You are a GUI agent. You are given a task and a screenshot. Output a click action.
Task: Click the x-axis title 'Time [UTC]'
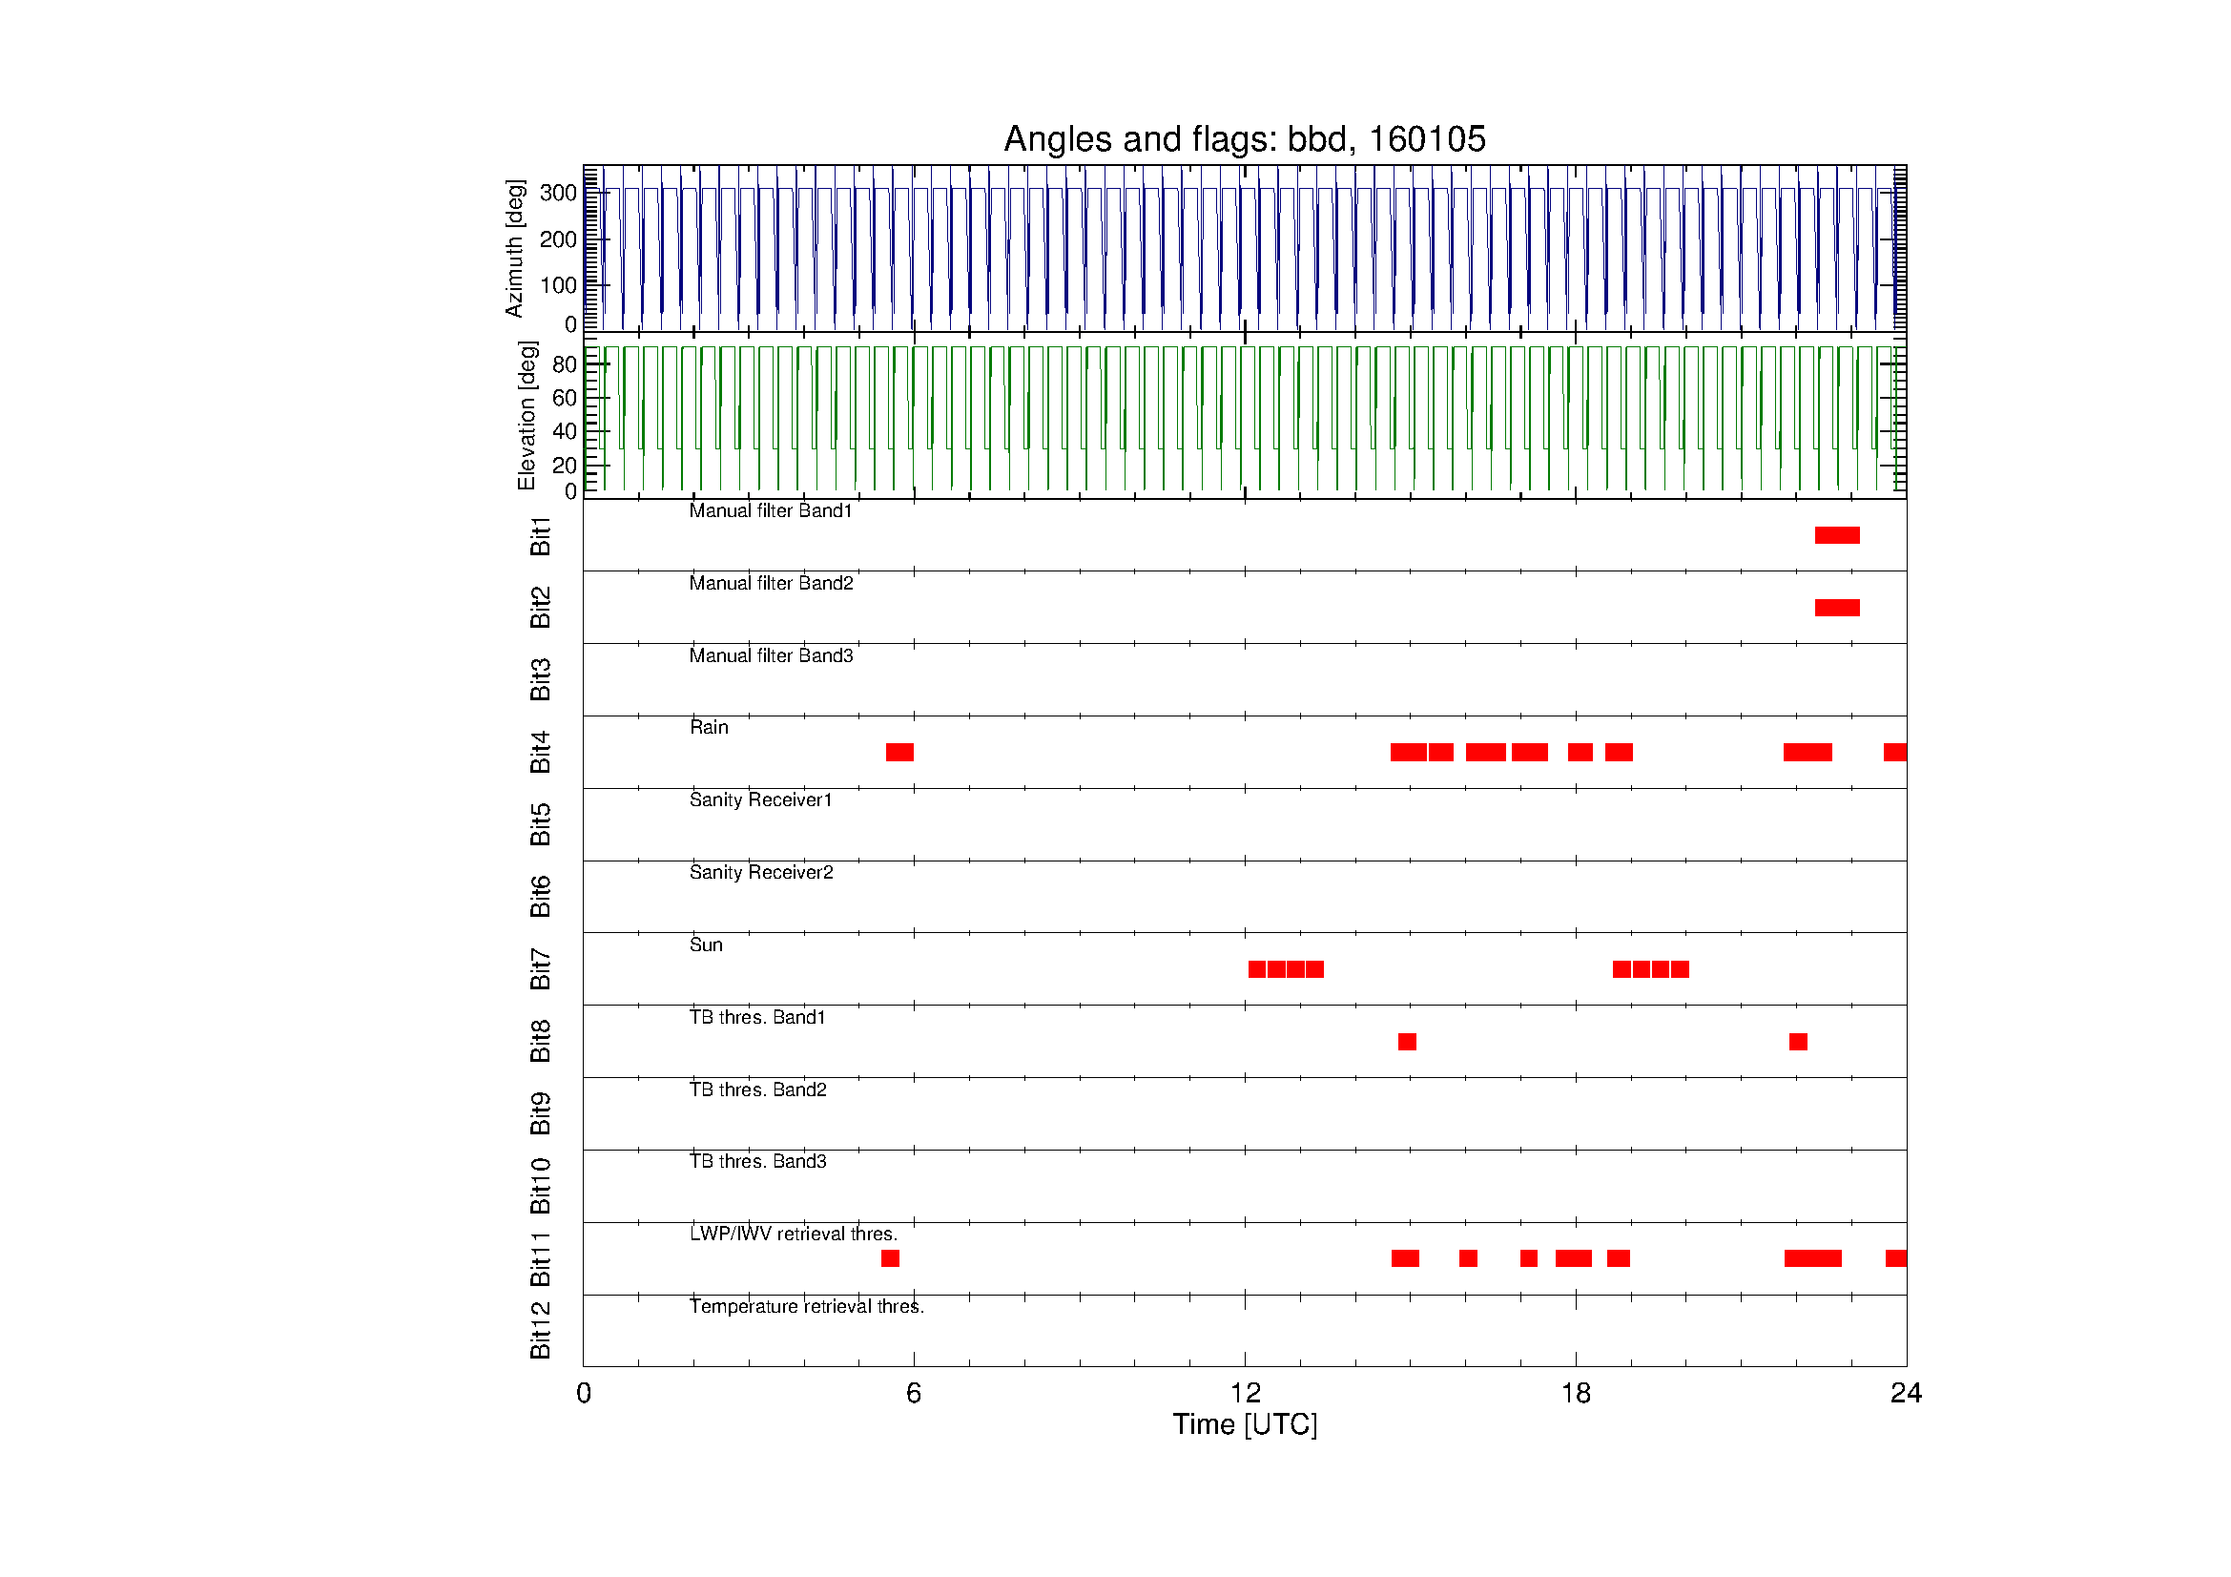tap(1245, 1425)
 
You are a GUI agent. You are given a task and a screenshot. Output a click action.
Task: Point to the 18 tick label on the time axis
tap(1575, 1395)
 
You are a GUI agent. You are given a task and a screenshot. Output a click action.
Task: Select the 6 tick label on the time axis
tap(914, 1395)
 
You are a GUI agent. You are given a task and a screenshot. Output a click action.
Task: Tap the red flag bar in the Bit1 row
tap(1836, 535)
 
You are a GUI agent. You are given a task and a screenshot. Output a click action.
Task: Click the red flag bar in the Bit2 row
tap(1836, 609)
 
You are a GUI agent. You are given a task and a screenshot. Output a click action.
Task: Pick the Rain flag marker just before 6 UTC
tap(899, 752)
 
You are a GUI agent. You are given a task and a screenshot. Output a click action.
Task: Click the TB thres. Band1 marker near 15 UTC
tap(1407, 1042)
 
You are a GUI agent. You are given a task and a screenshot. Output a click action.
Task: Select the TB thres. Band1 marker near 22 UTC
tap(1798, 1042)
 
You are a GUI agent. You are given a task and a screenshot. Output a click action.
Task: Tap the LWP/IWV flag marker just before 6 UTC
tap(890, 1258)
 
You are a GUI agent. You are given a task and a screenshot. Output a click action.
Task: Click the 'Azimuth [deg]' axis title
tap(514, 248)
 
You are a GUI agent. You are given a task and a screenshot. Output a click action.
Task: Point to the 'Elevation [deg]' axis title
tap(527, 415)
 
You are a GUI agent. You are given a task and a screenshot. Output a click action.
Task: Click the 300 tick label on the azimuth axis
tap(559, 193)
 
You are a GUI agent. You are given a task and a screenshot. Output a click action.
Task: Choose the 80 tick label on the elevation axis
tap(564, 364)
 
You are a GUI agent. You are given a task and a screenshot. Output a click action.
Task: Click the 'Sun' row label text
tap(706, 944)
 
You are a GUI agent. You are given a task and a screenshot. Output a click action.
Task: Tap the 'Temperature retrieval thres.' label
tap(807, 1306)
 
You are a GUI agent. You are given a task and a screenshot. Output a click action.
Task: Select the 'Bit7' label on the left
tap(540, 968)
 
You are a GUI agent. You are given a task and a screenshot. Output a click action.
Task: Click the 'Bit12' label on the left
tap(540, 1330)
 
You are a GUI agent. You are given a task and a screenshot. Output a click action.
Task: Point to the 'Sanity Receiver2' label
tap(761, 873)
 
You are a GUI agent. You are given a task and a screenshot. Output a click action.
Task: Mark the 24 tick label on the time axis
tap(1906, 1395)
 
